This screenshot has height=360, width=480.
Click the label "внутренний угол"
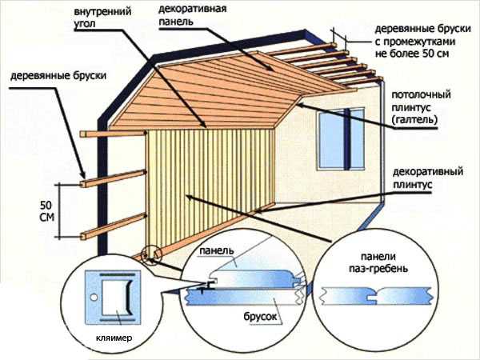click(102, 18)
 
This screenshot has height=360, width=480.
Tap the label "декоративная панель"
click(192, 14)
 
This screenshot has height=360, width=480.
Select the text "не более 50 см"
click(412, 54)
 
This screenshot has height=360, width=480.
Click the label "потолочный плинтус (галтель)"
click(422, 107)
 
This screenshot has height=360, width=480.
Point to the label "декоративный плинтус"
click(428, 178)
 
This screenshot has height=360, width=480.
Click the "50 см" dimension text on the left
click(47, 211)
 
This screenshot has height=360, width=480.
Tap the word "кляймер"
click(114, 338)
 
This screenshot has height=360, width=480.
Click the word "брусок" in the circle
click(259, 316)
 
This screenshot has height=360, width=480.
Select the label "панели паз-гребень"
click(378, 262)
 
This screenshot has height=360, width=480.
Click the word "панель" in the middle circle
click(217, 250)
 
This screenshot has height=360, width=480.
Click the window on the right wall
click(341, 138)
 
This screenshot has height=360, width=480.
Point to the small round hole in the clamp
click(94, 297)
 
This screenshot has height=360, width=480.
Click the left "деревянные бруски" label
click(58, 76)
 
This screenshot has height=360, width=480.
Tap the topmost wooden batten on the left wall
click(112, 133)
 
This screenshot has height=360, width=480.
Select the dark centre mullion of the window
click(347, 138)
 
